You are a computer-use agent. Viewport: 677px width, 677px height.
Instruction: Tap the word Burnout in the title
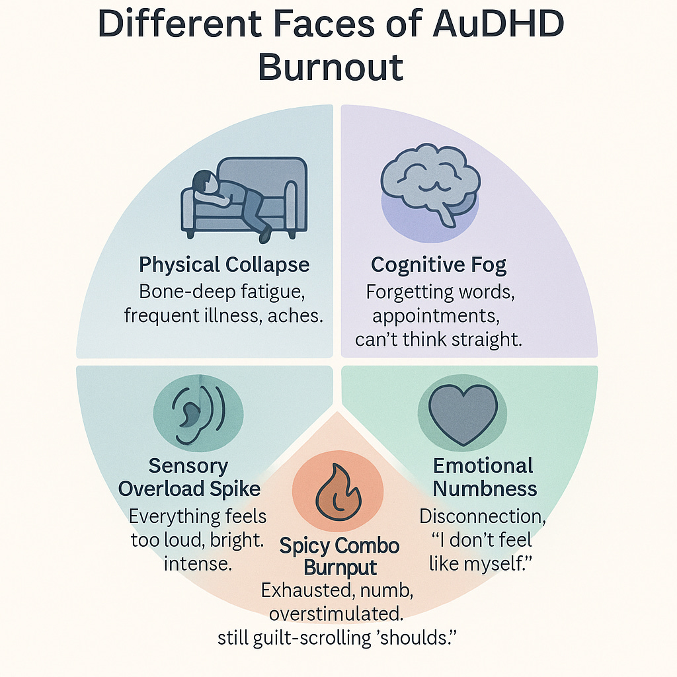[x=330, y=66]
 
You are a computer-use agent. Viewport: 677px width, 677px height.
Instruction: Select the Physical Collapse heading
[x=224, y=265]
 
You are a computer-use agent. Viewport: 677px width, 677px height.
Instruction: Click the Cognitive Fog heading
[x=438, y=265]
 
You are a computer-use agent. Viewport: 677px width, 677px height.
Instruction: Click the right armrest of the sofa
[x=290, y=205]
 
